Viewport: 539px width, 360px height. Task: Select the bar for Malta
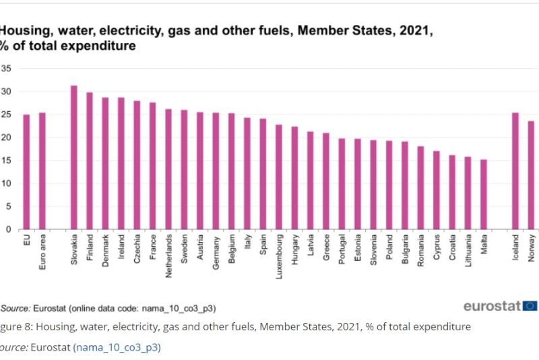point(484,195)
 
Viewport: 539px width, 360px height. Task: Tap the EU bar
point(26,172)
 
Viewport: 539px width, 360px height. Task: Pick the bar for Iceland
point(515,171)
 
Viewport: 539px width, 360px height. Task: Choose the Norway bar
point(531,175)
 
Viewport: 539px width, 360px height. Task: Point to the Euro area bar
point(42,171)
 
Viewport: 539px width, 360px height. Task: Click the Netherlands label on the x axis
point(168,256)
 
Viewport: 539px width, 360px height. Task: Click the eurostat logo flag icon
point(530,306)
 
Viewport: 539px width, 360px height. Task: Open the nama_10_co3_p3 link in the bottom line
point(117,348)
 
